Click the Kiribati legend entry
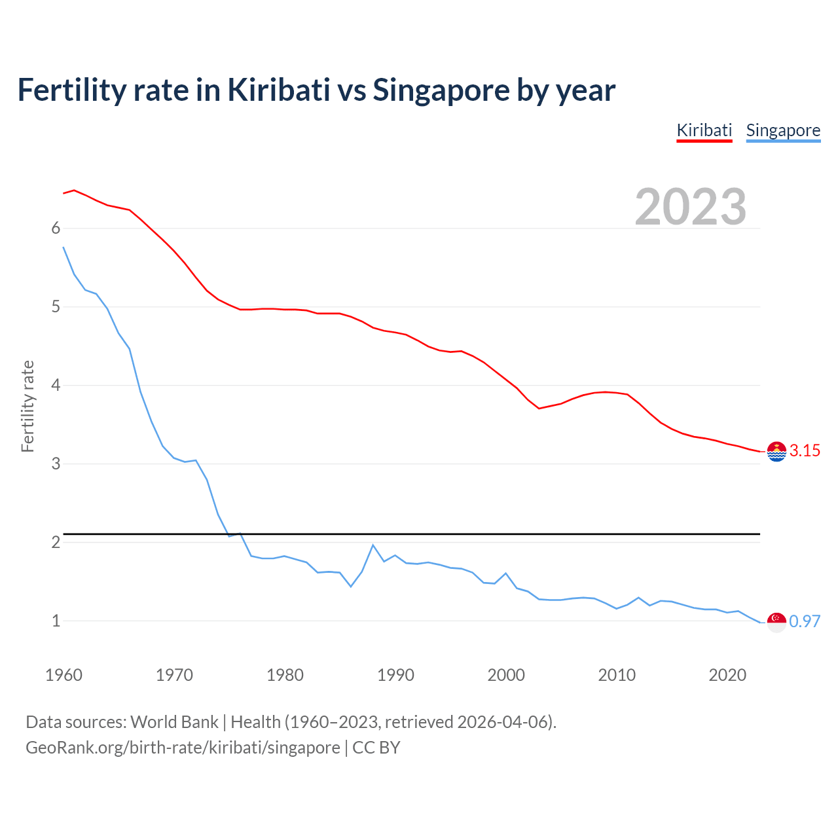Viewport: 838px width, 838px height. click(x=704, y=130)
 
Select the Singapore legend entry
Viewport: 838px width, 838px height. click(x=783, y=130)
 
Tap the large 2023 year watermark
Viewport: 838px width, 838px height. click(x=690, y=207)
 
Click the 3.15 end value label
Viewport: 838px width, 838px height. click(x=805, y=450)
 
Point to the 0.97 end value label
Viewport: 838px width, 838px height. click(x=805, y=621)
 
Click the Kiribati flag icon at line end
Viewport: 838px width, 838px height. click(x=776, y=452)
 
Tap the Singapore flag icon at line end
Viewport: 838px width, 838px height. click(x=776, y=622)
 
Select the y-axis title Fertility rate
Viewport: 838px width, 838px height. click(x=27, y=406)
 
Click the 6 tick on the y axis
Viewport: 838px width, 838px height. click(x=56, y=228)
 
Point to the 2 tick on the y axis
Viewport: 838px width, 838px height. click(x=56, y=542)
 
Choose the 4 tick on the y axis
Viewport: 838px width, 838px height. click(x=56, y=385)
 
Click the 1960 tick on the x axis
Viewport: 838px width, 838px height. click(x=64, y=675)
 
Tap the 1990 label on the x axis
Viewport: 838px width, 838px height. click(x=395, y=675)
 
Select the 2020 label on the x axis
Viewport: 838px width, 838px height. click(x=727, y=675)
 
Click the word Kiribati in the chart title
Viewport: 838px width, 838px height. click(x=279, y=90)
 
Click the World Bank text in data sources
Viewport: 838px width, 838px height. click(x=174, y=722)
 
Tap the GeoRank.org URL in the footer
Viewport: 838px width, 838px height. click(x=183, y=748)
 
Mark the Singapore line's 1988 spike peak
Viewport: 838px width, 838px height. click(x=373, y=545)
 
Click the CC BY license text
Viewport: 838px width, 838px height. click(x=376, y=748)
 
